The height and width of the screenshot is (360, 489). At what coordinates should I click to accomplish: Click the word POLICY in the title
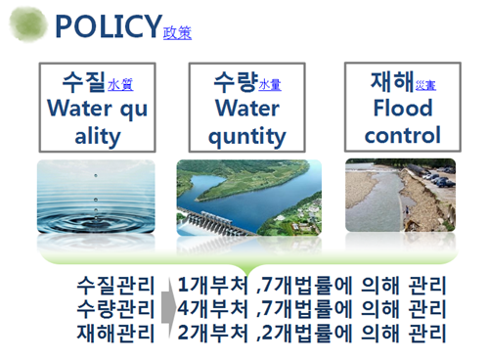point(108,26)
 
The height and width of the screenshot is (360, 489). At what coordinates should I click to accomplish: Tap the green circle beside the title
point(33,24)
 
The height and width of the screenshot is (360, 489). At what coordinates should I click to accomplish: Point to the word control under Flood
point(402,134)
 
